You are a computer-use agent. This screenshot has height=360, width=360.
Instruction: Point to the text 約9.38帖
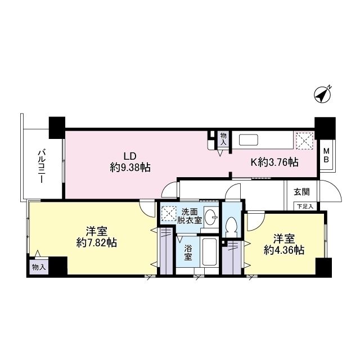pyautogui.click(x=130, y=167)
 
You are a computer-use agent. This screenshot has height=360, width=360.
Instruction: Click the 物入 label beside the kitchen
pyautogui.click(x=223, y=139)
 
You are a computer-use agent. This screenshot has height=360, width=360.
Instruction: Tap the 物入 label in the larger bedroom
pyautogui.click(x=39, y=267)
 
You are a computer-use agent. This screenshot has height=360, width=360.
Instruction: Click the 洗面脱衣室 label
pyautogui.click(x=189, y=217)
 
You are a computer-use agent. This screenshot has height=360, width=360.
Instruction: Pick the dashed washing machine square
pyautogui.click(x=168, y=214)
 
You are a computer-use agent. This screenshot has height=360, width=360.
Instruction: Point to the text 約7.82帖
pyautogui.click(x=97, y=243)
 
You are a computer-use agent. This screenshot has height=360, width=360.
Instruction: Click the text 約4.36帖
pyautogui.click(x=285, y=250)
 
